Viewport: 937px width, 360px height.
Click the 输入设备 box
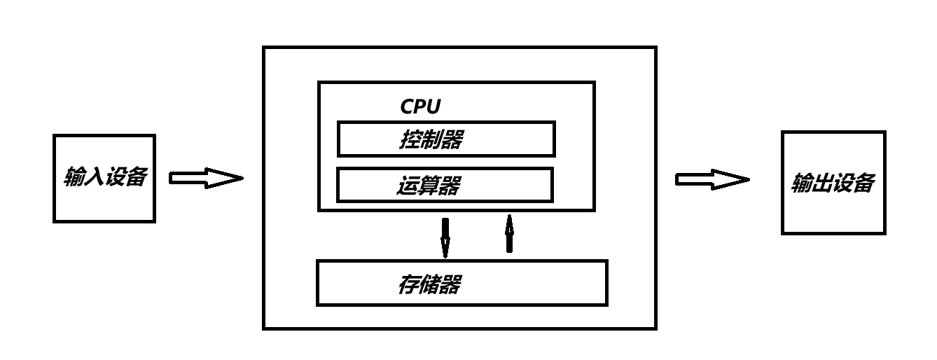(104, 179)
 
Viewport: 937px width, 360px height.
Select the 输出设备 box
(833, 183)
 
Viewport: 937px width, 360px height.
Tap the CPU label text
(420, 107)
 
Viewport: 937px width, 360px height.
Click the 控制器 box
(446, 139)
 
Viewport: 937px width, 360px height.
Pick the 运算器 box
(445, 185)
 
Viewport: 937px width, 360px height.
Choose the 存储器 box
(461, 283)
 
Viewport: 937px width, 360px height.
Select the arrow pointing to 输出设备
(712, 180)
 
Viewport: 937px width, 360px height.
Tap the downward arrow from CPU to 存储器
(445, 237)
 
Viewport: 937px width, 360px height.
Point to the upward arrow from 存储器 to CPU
(509, 234)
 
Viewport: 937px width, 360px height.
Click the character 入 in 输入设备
(95, 176)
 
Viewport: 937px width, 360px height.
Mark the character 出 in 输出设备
(823, 184)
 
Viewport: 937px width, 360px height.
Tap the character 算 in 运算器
(429, 186)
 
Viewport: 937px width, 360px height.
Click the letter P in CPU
(420, 107)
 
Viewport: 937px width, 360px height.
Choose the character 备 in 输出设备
(864, 184)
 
